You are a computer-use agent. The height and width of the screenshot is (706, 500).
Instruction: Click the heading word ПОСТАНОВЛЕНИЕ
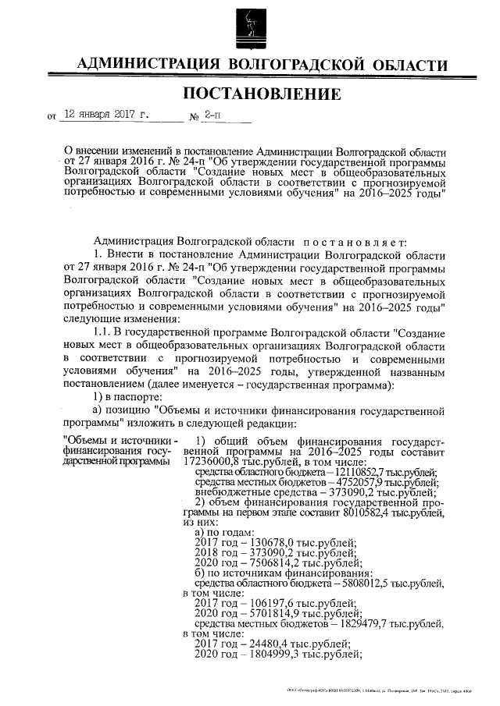(x=262, y=94)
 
